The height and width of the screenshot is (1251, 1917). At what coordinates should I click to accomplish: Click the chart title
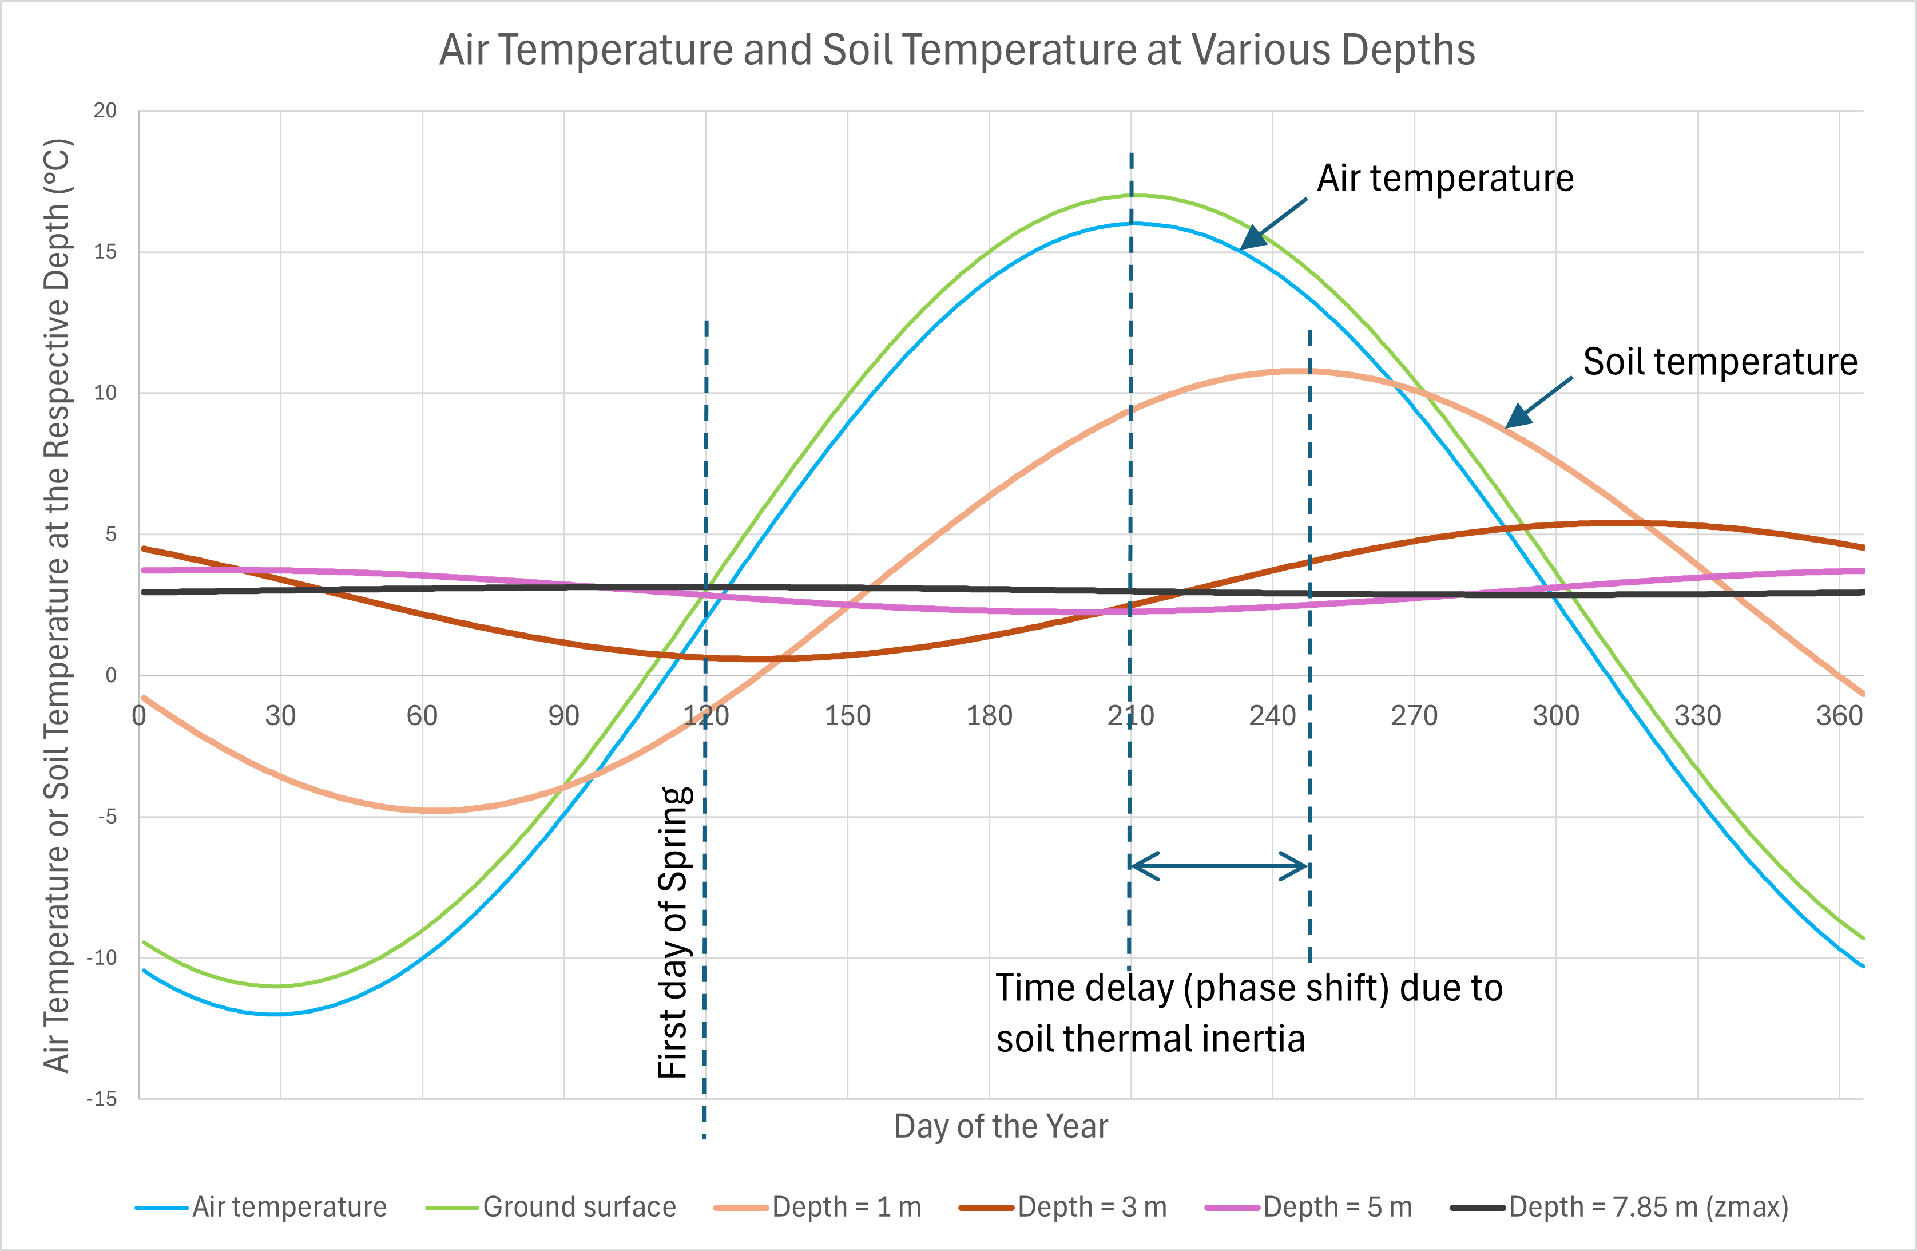[957, 50]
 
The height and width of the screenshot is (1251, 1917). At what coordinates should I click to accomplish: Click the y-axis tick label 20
[105, 110]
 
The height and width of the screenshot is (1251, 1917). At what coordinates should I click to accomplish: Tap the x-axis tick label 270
[1414, 715]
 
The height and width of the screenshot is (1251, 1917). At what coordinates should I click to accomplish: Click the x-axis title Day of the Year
[1001, 1126]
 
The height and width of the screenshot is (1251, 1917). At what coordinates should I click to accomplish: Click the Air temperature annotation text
[1445, 178]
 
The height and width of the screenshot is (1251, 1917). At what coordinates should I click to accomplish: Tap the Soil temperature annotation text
[1720, 362]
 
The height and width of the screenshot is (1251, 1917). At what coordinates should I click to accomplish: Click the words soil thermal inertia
[1150, 1038]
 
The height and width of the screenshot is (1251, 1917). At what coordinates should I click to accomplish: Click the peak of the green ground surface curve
[1132, 195]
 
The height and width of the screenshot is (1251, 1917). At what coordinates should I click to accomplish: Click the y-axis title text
[57, 606]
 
